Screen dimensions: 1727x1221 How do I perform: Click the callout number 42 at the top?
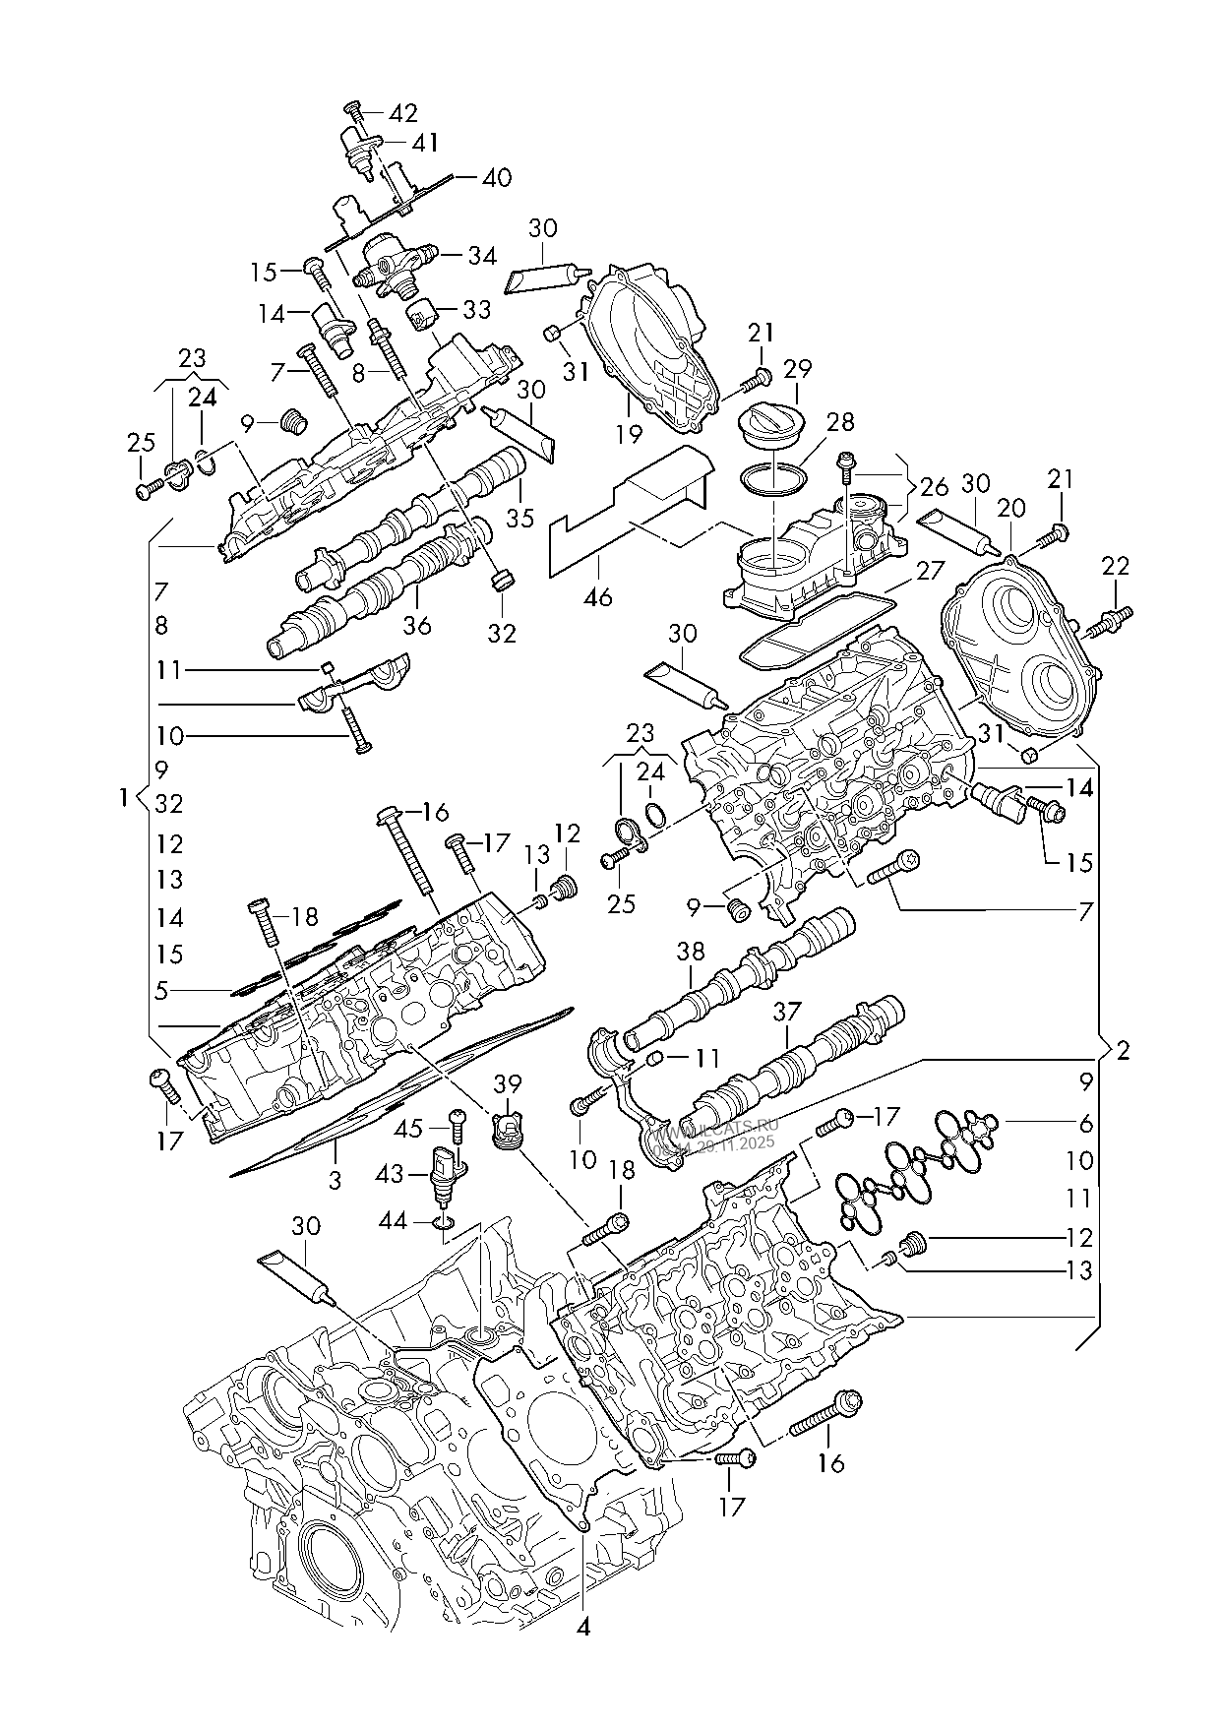[x=403, y=112]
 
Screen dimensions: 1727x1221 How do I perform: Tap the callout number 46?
[x=597, y=596]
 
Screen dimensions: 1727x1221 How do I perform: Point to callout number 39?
[x=508, y=1083]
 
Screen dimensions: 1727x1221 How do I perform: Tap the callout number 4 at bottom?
[x=583, y=1628]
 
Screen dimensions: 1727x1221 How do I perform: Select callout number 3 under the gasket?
[x=335, y=1178]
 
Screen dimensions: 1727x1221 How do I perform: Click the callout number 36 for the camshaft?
[x=417, y=624]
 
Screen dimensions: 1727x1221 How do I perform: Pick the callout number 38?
[x=691, y=952]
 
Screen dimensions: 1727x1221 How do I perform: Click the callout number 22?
[x=1115, y=566]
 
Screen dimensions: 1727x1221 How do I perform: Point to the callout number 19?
[x=629, y=433]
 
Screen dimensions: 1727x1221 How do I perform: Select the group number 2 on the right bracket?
[x=1123, y=1050]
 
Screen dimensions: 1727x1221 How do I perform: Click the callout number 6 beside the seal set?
[x=1085, y=1122]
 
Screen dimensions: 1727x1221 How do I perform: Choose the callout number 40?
[x=497, y=178]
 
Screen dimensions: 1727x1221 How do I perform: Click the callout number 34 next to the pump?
[x=481, y=256]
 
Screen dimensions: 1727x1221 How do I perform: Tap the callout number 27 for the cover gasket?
[x=929, y=570]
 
